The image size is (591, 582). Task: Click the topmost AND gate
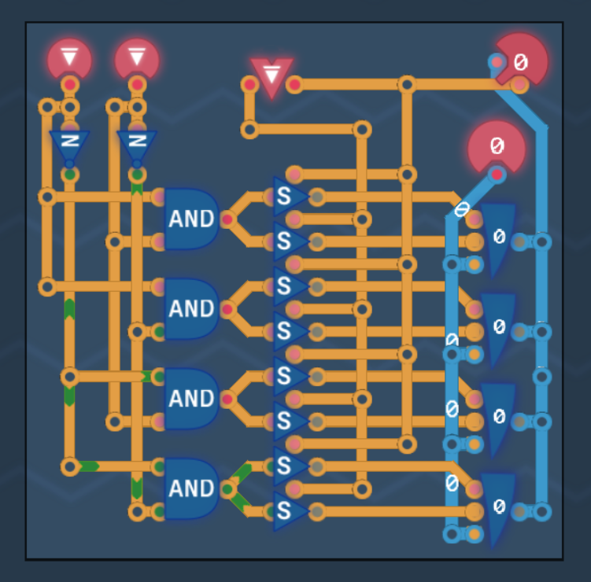190,219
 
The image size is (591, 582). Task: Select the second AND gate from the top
190,308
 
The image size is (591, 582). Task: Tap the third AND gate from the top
190,399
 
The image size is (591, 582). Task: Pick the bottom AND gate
190,488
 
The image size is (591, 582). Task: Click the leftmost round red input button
69,60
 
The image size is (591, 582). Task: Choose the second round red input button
137,60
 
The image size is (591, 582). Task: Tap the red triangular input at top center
271,76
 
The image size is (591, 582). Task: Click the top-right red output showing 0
521,59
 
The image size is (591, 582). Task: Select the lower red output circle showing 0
497,147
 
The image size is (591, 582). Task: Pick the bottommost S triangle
286,511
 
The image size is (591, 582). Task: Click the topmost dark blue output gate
498,237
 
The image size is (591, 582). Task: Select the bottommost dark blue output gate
498,507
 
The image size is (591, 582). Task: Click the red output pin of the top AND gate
227,219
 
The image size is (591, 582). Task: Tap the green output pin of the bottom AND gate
227,489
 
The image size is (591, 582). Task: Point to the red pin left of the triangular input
249,84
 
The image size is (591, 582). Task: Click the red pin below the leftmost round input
69,84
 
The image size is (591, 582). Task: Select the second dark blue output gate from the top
498,326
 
